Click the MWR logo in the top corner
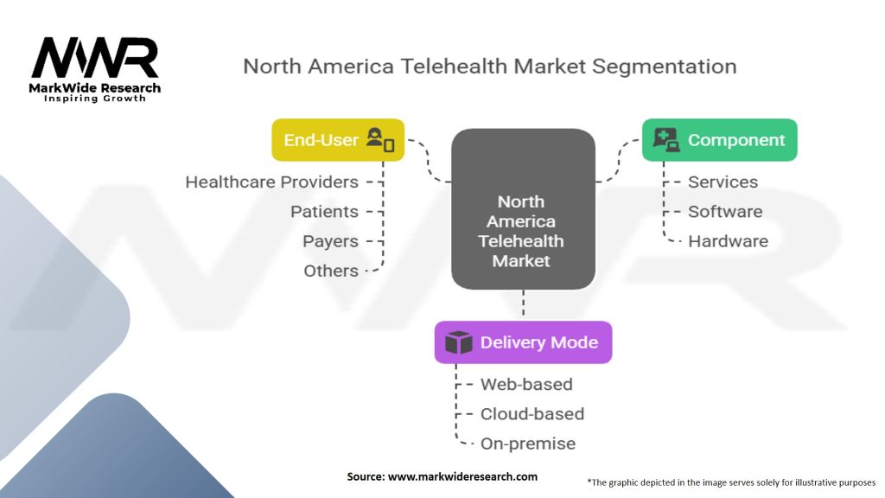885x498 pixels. pyautogui.click(x=95, y=61)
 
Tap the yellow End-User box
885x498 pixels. pyautogui.click(x=338, y=140)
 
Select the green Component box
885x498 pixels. pyautogui.click(x=719, y=140)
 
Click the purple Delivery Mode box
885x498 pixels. pyautogui.click(x=523, y=342)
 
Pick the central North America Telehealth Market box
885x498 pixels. pyautogui.click(x=522, y=208)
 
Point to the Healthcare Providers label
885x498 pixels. pyautogui.click(x=271, y=182)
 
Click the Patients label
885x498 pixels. pyautogui.click(x=324, y=212)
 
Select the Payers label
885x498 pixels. pyautogui.click(x=330, y=241)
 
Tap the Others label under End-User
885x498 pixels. pyautogui.click(x=330, y=271)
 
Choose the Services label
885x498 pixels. pyautogui.click(x=723, y=182)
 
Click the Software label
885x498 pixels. pyautogui.click(x=724, y=212)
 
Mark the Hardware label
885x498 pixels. pyautogui.click(x=728, y=241)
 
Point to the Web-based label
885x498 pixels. pyautogui.click(x=526, y=385)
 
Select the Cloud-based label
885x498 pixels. pyautogui.click(x=532, y=414)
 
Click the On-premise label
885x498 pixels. pyautogui.click(x=527, y=444)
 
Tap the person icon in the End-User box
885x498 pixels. pyautogui.click(x=379, y=139)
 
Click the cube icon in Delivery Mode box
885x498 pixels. pyautogui.click(x=458, y=342)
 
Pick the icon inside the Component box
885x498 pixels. pyautogui.click(x=665, y=140)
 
